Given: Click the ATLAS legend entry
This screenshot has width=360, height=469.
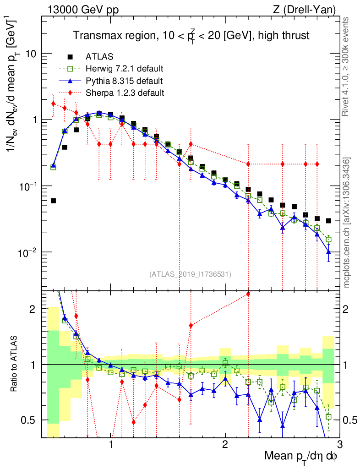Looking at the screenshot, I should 99,57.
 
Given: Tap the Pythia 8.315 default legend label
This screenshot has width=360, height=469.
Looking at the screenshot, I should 124,81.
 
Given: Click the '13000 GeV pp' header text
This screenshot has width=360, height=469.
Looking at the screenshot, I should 82,10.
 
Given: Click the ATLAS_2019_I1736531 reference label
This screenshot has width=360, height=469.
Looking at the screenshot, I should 190,274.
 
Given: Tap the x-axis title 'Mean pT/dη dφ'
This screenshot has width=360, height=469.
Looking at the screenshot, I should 301,456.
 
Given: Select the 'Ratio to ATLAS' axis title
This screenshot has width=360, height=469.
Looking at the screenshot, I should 15,365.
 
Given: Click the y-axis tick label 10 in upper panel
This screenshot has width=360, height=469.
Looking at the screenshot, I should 30,54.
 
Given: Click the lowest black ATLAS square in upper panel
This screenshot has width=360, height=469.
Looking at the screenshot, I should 53,201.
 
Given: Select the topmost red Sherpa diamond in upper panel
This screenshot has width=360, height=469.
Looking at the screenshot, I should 53,104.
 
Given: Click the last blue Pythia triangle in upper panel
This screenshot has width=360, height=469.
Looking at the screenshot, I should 328,252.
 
